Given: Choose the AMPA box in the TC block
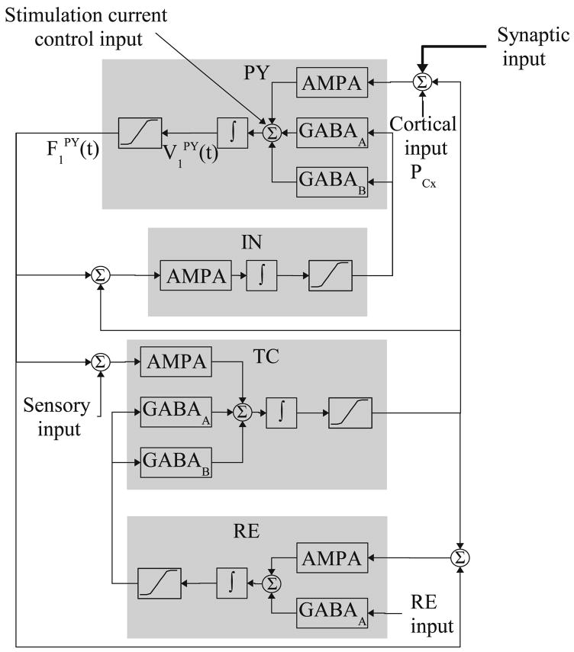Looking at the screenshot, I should click(175, 362).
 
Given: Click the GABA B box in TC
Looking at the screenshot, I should click(175, 462).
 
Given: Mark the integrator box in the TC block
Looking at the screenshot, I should click(281, 413).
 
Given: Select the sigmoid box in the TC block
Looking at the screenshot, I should click(350, 413).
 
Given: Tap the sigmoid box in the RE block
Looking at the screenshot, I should click(159, 583).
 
